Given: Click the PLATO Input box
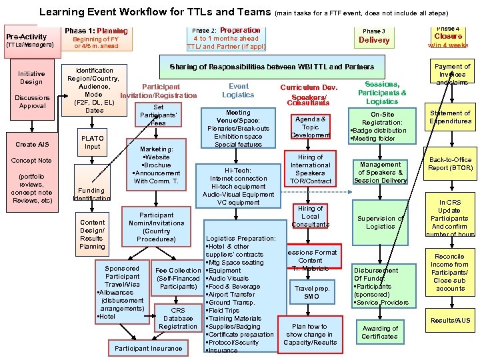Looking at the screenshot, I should point(93,142).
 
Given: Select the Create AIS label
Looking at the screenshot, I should point(32,144).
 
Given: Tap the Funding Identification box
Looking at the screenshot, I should point(91,194).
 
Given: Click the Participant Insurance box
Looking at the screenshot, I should point(148,348).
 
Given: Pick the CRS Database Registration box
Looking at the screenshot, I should point(178,318).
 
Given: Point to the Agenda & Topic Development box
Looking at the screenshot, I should point(311,127).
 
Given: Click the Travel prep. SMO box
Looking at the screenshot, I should point(311,292).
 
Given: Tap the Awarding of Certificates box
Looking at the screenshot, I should point(380,332).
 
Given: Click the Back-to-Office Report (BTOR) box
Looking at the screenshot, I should point(450,164).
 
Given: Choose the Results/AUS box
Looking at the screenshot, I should point(450,320).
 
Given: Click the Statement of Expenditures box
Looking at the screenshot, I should point(450,117).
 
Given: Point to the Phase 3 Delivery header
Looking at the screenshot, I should point(374,36).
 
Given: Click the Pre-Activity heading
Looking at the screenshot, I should point(27,37).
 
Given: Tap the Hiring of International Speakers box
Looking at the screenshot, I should point(311,169).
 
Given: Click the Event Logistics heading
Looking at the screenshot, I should point(238,91).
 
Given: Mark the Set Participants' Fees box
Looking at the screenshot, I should point(158,115).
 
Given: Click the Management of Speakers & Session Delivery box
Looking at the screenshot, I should point(380,173).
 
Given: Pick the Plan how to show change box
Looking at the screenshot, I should point(310,335).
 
